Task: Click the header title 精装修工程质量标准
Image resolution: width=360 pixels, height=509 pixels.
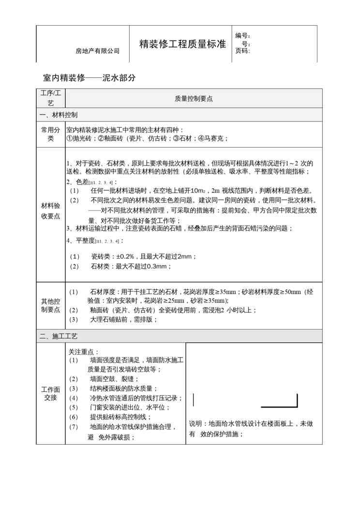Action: click(x=182, y=44)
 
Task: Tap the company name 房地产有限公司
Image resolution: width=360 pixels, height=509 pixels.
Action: click(x=98, y=51)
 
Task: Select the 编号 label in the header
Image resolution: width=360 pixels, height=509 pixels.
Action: click(x=242, y=36)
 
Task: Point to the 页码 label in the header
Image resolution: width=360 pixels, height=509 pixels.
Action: click(x=242, y=51)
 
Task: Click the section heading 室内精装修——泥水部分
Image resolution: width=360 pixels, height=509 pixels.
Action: click(x=89, y=77)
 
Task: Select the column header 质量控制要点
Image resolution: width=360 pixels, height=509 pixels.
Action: click(x=194, y=98)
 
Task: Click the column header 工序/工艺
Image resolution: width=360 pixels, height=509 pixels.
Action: click(x=50, y=98)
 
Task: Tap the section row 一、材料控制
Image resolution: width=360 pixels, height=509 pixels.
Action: click(x=58, y=115)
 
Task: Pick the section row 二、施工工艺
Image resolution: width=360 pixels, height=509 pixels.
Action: click(x=58, y=336)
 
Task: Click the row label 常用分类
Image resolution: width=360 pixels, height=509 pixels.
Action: click(x=50, y=134)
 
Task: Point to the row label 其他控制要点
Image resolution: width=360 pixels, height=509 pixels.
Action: click(x=50, y=305)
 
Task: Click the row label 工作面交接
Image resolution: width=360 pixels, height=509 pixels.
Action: click(x=50, y=393)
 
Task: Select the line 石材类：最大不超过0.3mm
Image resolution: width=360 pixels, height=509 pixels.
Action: click(x=131, y=266)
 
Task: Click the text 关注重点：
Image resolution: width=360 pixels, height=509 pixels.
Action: click(x=84, y=352)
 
